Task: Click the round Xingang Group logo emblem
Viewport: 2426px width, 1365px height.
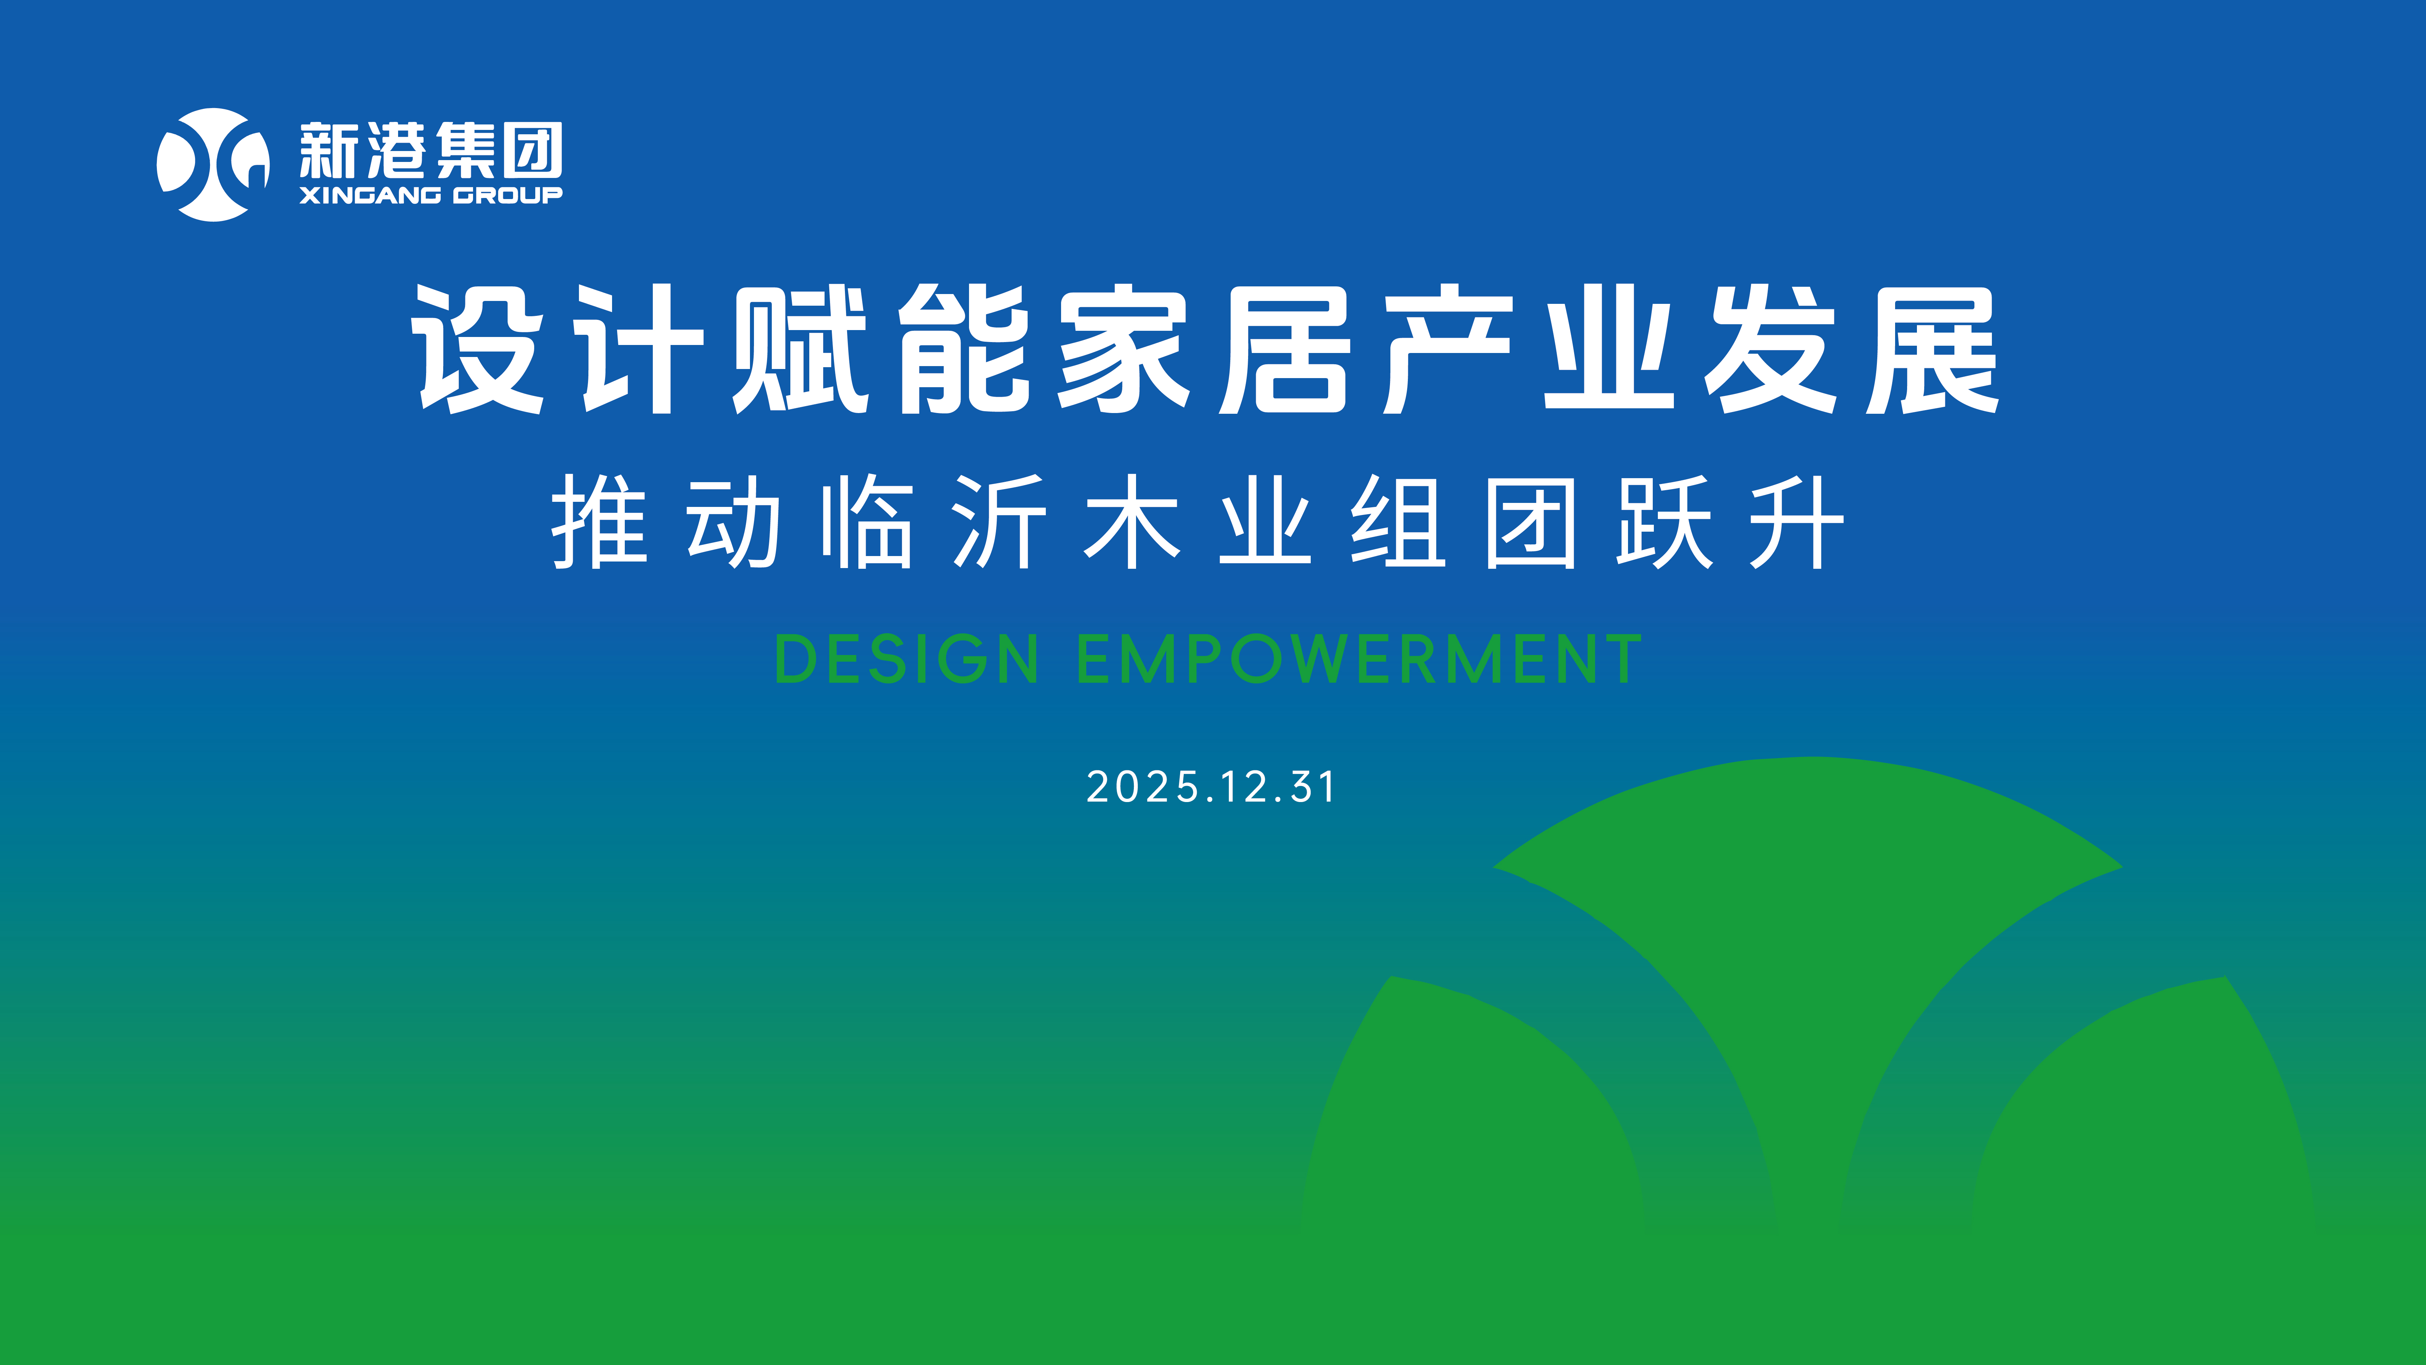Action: click(213, 165)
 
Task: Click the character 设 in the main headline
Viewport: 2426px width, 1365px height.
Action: click(479, 349)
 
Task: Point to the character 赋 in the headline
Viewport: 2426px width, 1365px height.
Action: click(801, 349)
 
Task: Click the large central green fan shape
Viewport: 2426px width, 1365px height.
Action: click(1808, 942)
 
